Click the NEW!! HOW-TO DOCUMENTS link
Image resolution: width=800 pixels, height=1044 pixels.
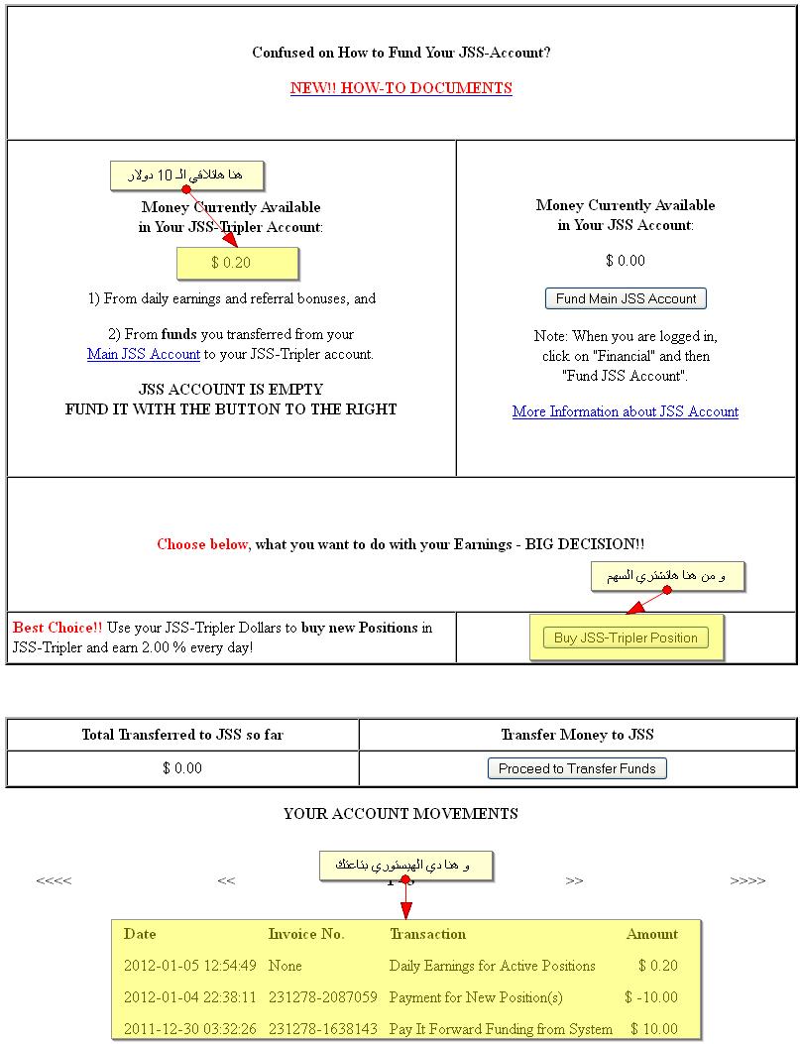(400, 88)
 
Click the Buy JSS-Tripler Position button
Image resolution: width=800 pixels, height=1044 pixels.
(626, 638)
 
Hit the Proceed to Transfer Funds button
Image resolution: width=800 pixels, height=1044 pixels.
(577, 768)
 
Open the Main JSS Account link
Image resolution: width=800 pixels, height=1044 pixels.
(144, 354)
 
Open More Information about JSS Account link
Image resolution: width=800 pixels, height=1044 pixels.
(625, 411)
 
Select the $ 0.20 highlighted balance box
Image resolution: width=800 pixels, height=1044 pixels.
(237, 263)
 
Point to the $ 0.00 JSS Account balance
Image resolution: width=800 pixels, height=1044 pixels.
(625, 261)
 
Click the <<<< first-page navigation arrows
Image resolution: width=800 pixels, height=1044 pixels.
(54, 880)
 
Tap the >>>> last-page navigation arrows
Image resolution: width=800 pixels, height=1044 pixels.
(747, 880)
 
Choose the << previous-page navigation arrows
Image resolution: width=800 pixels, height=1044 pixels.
(226, 880)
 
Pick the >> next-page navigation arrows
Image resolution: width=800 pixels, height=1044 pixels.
(574, 880)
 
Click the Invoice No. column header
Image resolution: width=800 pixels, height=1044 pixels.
(306, 934)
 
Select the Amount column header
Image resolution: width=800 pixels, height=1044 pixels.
(652, 934)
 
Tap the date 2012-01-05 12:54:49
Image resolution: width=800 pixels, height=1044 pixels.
(190, 966)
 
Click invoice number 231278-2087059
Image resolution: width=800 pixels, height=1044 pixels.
(322, 997)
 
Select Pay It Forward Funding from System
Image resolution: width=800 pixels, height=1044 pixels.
(501, 1029)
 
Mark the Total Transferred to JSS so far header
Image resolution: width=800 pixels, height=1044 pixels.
(182, 735)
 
